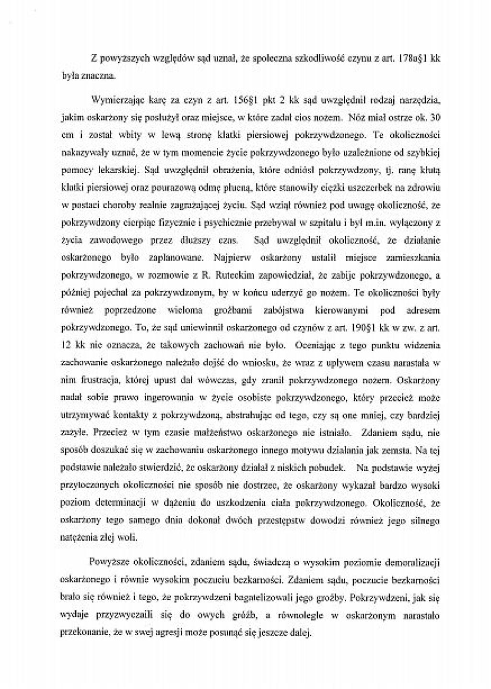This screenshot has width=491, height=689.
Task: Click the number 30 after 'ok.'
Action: [x=435, y=118]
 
